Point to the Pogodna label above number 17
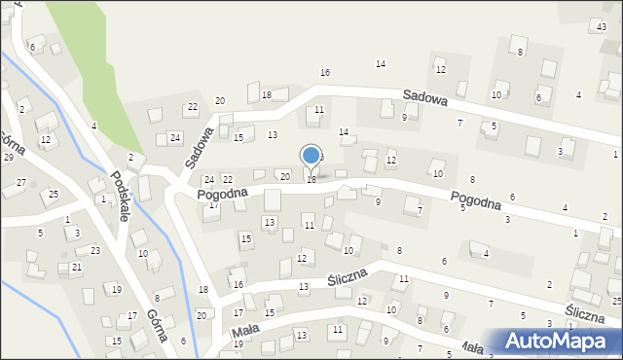coord(222,194)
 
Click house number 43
coord(602,25)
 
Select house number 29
coord(8,157)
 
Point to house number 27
coord(21,183)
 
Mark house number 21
coord(77,267)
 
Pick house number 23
coord(94,251)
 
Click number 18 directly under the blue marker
coord(311,180)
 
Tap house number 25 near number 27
coord(54,195)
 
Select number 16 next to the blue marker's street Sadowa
coord(325,73)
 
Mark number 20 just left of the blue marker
coord(284,176)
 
